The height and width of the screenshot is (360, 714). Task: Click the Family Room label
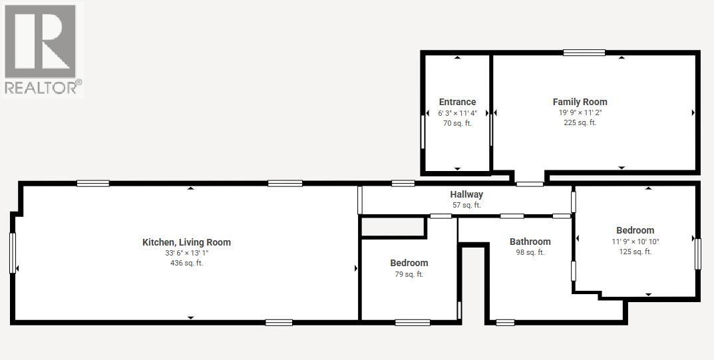(580, 102)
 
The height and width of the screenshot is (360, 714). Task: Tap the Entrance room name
(457, 102)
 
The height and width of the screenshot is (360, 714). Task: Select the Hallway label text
(466, 194)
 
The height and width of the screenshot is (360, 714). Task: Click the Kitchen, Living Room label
(186, 242)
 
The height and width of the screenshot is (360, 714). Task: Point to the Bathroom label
(530, 242)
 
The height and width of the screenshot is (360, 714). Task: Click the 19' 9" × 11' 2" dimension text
(580, 112)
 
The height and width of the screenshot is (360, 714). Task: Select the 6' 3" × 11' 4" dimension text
(457, 113)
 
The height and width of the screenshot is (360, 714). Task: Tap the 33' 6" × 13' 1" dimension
(186, 253)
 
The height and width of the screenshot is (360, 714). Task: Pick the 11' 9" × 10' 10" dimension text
(635, 242)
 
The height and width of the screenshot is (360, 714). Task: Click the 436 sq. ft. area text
(186, 264)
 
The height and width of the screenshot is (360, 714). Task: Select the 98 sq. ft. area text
(530, 252)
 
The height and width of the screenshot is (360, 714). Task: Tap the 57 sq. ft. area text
(466, 205)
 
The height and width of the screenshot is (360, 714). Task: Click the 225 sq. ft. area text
(580, 122)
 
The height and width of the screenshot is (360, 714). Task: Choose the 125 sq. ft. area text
(635, 252)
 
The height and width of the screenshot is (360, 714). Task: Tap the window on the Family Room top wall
(584, 53)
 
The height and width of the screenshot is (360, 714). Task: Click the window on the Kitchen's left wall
(12, 252)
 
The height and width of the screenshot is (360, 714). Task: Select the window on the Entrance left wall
(423, 132)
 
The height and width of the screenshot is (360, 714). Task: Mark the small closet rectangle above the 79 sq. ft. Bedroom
(393, 228)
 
